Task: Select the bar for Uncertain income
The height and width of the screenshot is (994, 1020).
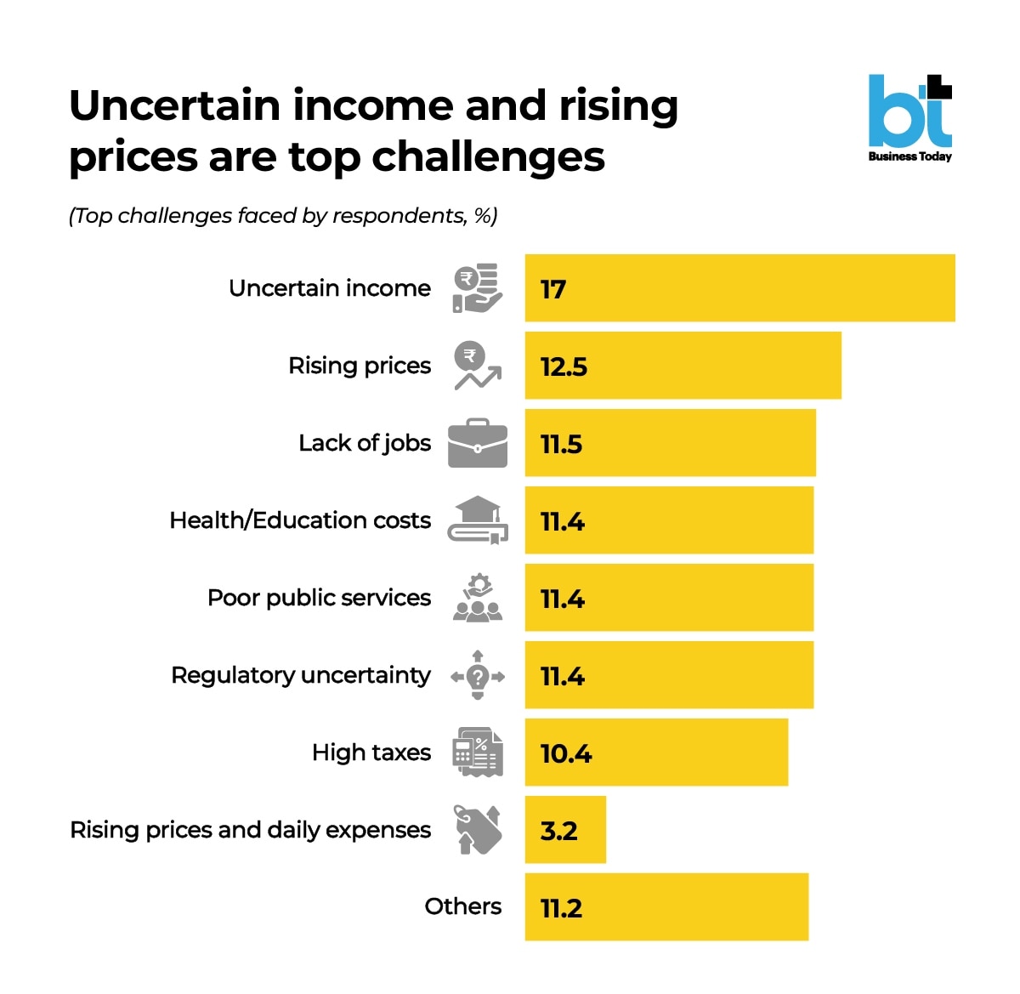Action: (x=739, y=288)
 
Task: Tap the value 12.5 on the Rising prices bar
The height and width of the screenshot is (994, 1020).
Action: (x=564, y=366)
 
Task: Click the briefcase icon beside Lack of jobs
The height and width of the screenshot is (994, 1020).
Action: (x=478, y=443)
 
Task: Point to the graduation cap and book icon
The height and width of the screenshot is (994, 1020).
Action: (x=478, y=520)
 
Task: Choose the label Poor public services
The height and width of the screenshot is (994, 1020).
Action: (x=319, y=598)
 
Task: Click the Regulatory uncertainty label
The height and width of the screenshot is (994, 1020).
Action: (x=301, y=675)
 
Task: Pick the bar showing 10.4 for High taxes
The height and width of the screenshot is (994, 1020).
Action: (x=656, y=753)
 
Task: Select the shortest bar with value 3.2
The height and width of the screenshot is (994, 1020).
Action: (x=565, y=830)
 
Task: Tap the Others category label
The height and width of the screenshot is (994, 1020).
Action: (x=462, y=906)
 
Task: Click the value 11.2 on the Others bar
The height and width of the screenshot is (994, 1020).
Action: (x=561, y=908)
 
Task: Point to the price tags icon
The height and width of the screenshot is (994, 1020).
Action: (x=478, y=829)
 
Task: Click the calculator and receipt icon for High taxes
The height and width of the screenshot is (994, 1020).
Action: (x=478, y=752)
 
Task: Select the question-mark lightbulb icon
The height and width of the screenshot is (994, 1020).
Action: (x=478, y=675)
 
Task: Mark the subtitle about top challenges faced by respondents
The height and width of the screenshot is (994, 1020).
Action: (x=283, y=216)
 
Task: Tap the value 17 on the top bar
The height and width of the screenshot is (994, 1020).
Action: (x=553, y=290)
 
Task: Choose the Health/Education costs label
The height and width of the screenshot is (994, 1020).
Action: (x=300, y=520)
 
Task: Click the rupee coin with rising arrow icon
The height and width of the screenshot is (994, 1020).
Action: (x=478, y=366)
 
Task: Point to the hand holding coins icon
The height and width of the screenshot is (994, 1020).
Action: (x=478, y=288)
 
